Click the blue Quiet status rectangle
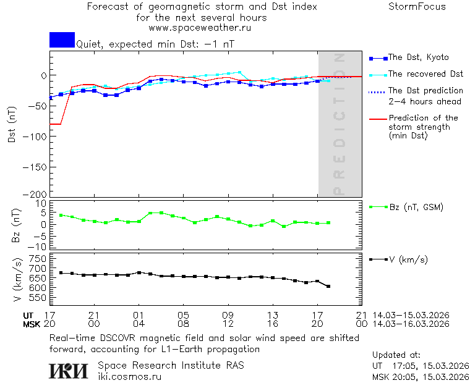62,40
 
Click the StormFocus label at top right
417,7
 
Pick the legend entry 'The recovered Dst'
425,74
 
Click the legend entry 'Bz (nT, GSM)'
416,207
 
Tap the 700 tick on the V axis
38,268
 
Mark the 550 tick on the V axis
38,298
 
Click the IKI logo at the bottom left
69,371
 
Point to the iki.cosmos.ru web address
129,377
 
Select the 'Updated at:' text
396,355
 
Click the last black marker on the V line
328,286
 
